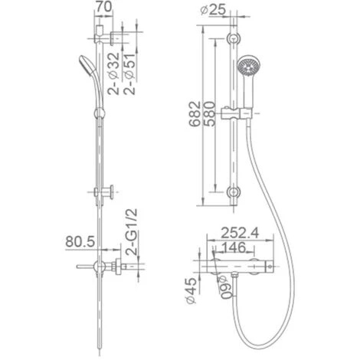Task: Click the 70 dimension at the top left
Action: [103, 7]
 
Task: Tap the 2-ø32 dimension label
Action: [113, 74]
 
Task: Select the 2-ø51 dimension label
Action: [129, 74]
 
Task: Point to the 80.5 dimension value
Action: [80, 241]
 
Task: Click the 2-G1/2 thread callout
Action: [132, 232]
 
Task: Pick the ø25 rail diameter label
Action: [213, 10]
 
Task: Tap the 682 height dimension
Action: [195, 114]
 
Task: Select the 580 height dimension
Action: [209, 114]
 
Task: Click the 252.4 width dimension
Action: [240, 233]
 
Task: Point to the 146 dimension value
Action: [233, 247]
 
